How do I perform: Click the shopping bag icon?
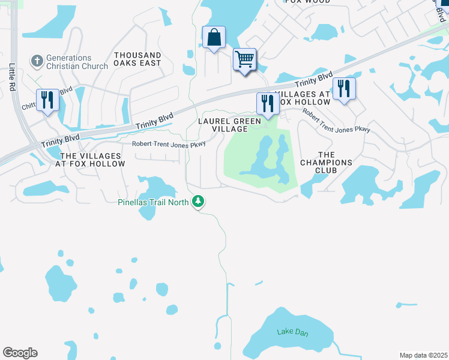(x=214, y=38)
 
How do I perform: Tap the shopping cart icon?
(x=244, y=59)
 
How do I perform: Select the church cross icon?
(x=37, y=61)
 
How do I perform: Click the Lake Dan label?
(x=292, y=331)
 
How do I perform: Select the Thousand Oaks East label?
(x=137, y=59)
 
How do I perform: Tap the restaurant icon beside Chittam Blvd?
(x=46, y=99)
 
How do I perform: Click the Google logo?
(x=20, y=353)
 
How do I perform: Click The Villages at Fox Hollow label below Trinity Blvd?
(x=91, y=159)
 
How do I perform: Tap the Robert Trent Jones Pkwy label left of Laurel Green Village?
(x=169, y=145)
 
